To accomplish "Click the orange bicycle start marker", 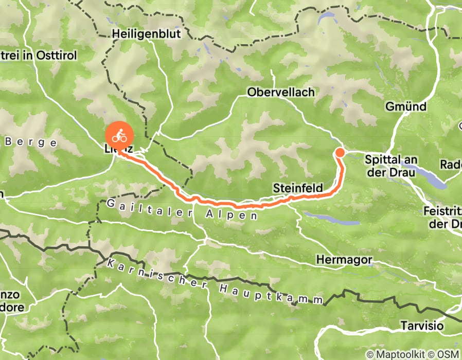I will [120, 136].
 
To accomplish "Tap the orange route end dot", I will [340, 152].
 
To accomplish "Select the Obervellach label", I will [280, 92].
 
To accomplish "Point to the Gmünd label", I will [406, 107].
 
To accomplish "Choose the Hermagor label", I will [344, 260].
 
